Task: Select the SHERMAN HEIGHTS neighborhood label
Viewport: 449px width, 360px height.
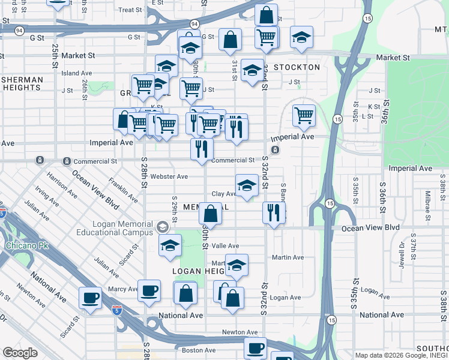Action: (21, 83)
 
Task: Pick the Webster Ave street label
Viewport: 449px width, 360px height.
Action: (169, 176)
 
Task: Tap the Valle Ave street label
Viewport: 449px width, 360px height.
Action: (225, 246)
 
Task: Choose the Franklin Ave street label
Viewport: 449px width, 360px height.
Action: (123, 188)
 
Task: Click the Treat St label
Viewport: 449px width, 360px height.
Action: (130, 10)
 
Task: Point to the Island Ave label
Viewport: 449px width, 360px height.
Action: (76, 73)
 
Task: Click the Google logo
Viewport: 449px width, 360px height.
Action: (20, 353)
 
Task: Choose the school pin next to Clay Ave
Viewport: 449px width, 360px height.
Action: (247, 185)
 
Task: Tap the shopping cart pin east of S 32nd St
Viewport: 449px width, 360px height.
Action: (304, 115)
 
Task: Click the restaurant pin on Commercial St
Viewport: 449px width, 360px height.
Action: (202, 148)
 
